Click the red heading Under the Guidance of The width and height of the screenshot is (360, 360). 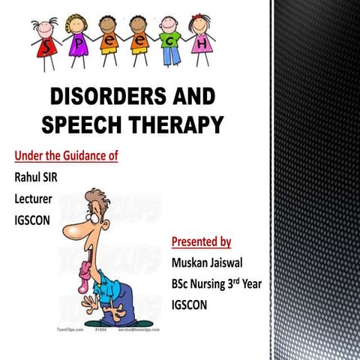[x=66, y=156]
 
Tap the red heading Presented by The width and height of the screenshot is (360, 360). [x=201, y=241]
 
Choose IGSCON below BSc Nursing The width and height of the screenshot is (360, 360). [x=193, y=306]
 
